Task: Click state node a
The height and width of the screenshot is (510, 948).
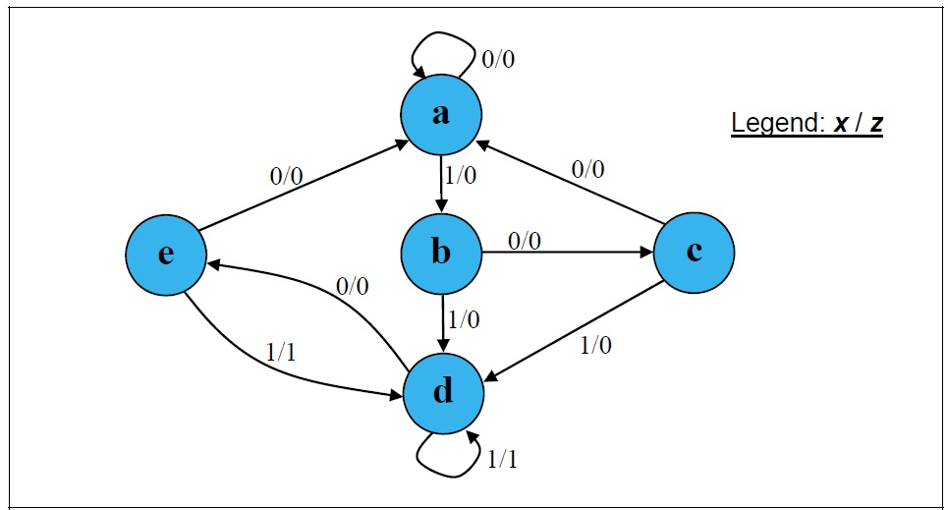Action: coord(441,115)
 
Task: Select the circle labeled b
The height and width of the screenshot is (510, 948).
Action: coord(441,254)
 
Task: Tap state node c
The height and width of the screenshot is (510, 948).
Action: coord(694,253)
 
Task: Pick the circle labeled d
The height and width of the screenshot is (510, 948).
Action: coord(443,392)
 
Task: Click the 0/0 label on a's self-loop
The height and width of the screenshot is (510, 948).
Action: coord(498,59)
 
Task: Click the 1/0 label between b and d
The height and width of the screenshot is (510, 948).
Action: coord(464,319)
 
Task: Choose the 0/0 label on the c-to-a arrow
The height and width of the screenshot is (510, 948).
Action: coord(587,169)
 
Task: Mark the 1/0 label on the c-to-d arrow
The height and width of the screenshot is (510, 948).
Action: coord(595,345)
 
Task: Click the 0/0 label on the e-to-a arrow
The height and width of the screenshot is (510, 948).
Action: coord(287,177)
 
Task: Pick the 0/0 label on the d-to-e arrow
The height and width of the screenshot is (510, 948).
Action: coord(352,286)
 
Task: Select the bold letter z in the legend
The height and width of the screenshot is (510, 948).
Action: coord(874,125)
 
